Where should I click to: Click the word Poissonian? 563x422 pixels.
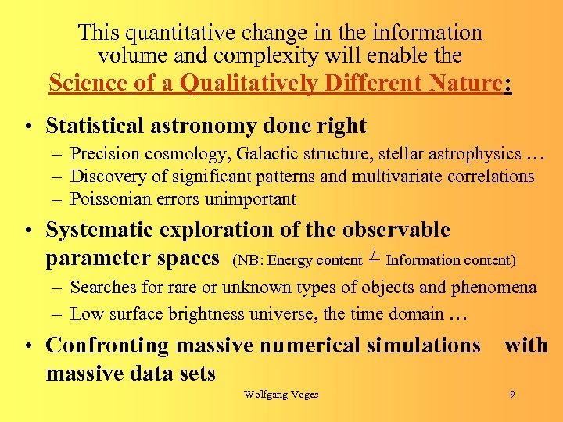click(x=110, y=199)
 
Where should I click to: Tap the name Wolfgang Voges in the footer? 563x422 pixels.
click(x=281, y=395)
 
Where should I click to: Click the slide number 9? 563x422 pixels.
click(x=512, y=395)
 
